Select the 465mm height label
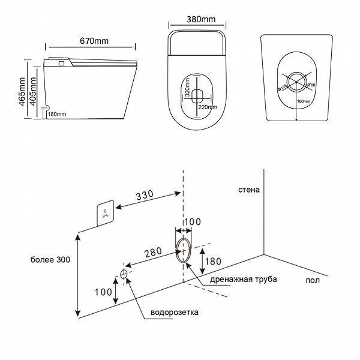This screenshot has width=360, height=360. [x=22, y=91]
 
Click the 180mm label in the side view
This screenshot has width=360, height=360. [x=56, y=114]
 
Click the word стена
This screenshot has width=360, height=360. [x=248, y=190]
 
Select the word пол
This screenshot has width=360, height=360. [x=311, y=280]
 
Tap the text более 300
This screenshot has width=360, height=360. [x=51, y=260]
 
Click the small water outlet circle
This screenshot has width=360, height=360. [x=124, y=274]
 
